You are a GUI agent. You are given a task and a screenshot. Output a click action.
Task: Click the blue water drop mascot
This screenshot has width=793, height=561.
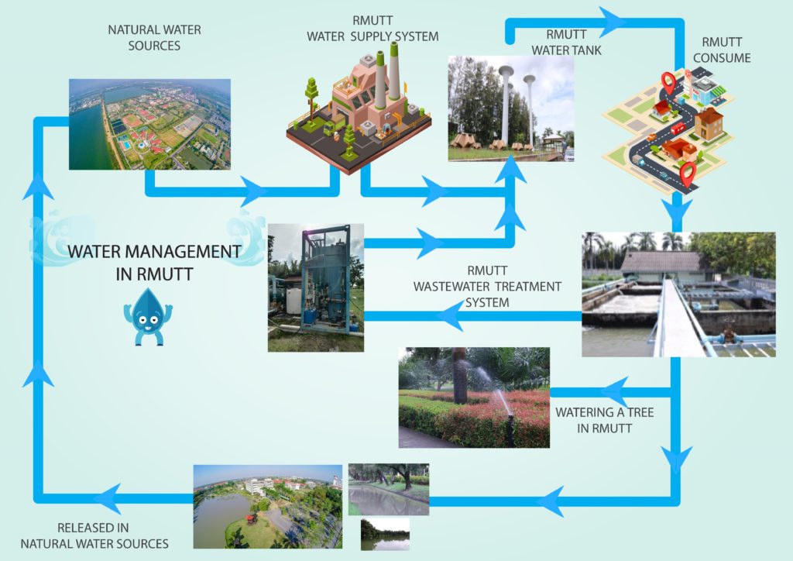(147, 315)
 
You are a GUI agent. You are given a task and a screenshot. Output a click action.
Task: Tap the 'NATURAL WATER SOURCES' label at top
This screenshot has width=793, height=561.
(155, 37)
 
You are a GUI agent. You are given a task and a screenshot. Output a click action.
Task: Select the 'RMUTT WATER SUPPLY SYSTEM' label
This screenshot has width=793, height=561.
(372, 29)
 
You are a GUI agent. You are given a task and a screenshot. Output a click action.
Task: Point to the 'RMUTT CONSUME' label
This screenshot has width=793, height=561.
(726, 50)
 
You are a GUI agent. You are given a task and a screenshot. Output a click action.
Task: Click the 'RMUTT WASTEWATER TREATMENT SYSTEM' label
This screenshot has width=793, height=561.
(487, 286)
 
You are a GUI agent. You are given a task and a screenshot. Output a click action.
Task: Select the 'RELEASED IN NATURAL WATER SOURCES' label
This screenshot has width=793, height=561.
(94, 535)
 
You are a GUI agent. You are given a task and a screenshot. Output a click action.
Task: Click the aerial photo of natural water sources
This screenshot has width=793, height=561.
(149, 124)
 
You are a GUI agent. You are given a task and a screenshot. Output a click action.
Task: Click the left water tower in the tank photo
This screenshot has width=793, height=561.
(506, 105)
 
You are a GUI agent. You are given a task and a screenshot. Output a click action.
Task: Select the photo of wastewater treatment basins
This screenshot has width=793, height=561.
(678, 294)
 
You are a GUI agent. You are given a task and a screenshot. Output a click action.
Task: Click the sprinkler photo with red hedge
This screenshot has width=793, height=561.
(473, 397)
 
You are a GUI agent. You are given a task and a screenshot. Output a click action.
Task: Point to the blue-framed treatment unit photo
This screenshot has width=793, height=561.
(315, 287)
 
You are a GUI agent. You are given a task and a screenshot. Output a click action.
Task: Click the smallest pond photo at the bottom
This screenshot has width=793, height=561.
(385, 535)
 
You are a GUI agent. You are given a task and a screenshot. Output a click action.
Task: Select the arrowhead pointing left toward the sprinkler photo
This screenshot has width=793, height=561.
(614, 390)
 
